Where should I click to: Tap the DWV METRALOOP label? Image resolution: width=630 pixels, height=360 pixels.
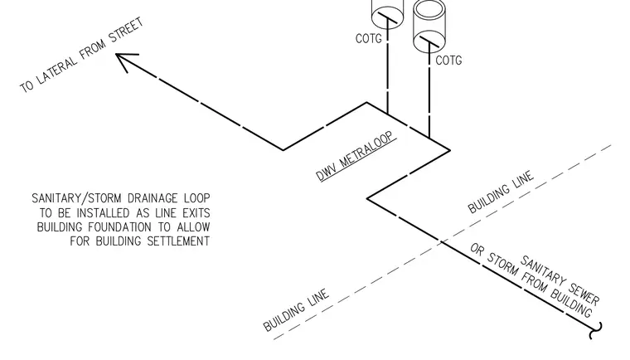(x=356, y=156)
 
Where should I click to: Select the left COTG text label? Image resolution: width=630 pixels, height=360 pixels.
(x=368, y=39)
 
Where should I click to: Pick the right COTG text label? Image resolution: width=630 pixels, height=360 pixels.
(x=448, y=61)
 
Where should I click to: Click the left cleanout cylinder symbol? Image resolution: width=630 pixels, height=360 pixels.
(x=387, y=13)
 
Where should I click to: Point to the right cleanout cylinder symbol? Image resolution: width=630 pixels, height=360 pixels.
(x=429, y=27)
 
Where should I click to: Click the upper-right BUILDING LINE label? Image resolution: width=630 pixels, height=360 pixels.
(x=501, y=192)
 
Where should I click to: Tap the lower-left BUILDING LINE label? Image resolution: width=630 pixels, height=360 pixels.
(x=296, y=309)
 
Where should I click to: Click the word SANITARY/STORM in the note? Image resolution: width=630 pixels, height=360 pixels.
(x=76, y=198)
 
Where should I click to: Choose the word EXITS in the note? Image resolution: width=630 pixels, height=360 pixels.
(x=196, y=213)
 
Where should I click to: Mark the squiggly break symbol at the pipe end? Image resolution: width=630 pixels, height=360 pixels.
(x=596, y=331)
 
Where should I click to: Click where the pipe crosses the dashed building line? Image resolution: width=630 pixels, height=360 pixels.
(x=442, y=241)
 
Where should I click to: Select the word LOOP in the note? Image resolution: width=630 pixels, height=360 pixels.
(x=197, y=198)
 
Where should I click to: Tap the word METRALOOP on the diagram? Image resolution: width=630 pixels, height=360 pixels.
(x=367, y=149)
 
